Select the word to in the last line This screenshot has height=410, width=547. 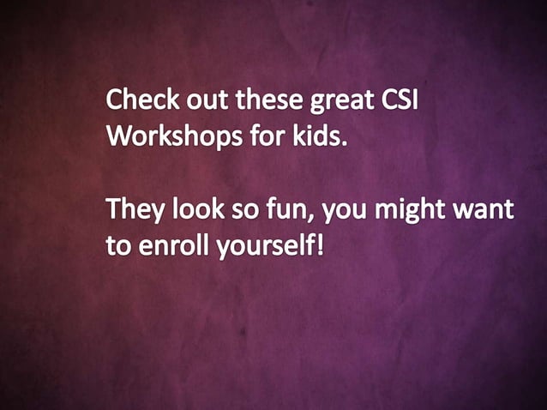[116, 247]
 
